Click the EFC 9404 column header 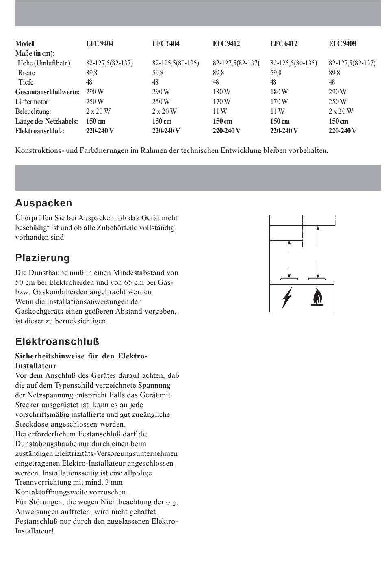100,43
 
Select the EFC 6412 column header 284,43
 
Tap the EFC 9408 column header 342,43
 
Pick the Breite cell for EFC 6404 158,73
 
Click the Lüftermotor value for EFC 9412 221,102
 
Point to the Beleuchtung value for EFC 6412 277,111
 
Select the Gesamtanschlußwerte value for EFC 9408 337,92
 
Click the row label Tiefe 26,82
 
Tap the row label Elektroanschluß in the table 40,131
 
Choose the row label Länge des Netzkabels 46,121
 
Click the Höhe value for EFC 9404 109,63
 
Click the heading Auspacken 43,203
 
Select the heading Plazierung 43,258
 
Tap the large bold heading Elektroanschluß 57,342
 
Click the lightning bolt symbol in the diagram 287,297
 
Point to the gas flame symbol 317,297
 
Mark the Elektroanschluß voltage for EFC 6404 166,131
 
